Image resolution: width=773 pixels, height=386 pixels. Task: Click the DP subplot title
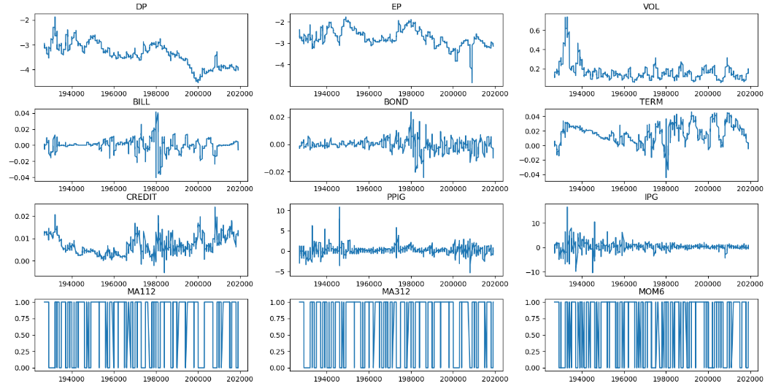(141, 7)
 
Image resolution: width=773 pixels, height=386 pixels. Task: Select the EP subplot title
(396, 7)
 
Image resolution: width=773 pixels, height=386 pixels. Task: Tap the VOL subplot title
(651, 7)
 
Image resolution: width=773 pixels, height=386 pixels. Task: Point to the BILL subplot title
(141, 102)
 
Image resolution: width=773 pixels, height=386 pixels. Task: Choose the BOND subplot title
(396, 102)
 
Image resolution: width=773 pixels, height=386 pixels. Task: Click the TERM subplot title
(651, 102)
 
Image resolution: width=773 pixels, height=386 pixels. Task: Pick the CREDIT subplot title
(141, 197)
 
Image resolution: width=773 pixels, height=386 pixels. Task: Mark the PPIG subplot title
(396, 197)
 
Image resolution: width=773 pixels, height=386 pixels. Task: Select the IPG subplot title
(651, 197)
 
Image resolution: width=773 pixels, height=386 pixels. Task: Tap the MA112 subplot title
(141, 293)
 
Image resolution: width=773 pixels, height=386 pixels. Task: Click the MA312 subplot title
(396, 293)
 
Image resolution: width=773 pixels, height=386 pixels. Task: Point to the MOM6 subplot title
(651, 293)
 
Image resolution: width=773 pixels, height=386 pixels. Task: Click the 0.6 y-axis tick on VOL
(535, 31)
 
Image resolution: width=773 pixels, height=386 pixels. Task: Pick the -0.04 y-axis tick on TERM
(530, 175)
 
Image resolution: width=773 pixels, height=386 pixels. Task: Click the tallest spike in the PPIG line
(339, 207)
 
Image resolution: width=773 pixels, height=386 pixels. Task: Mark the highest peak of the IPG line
(567, 207)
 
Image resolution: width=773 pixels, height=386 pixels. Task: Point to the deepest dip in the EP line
(472, 82)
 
